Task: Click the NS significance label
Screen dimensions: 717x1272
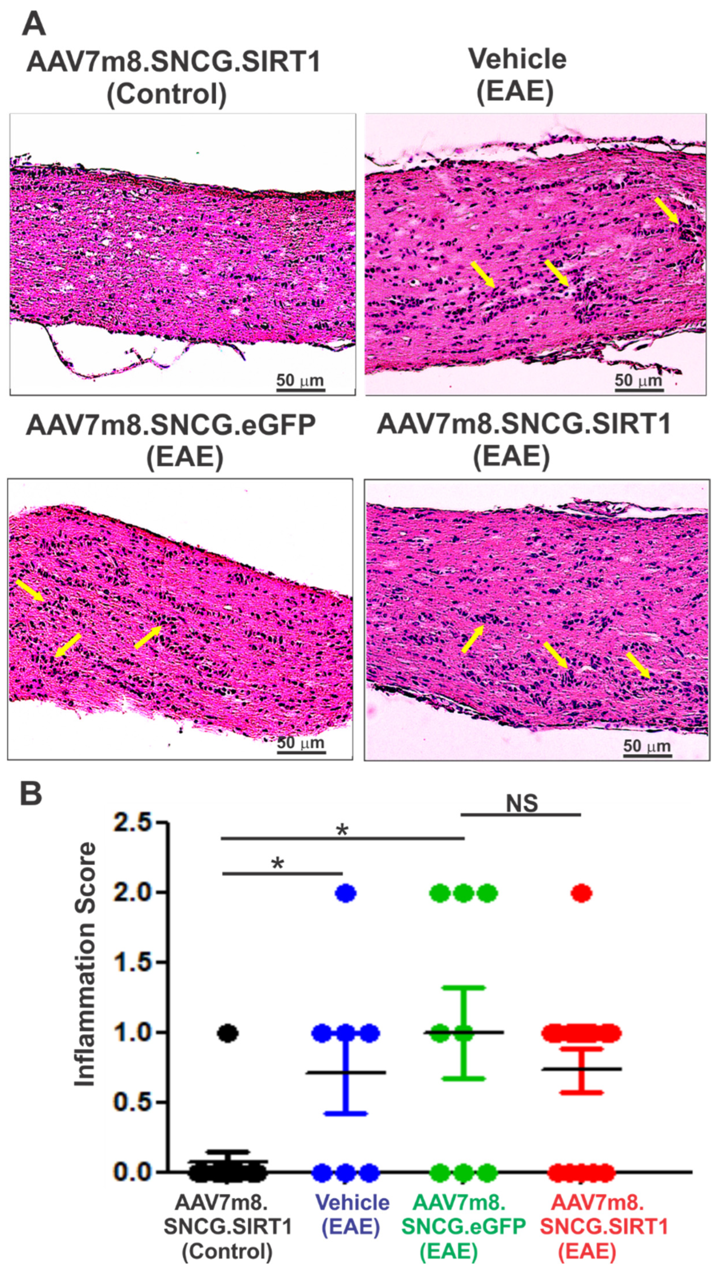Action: pos(522,803)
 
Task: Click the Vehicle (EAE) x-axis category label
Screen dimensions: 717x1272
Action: pos(351,1213)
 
